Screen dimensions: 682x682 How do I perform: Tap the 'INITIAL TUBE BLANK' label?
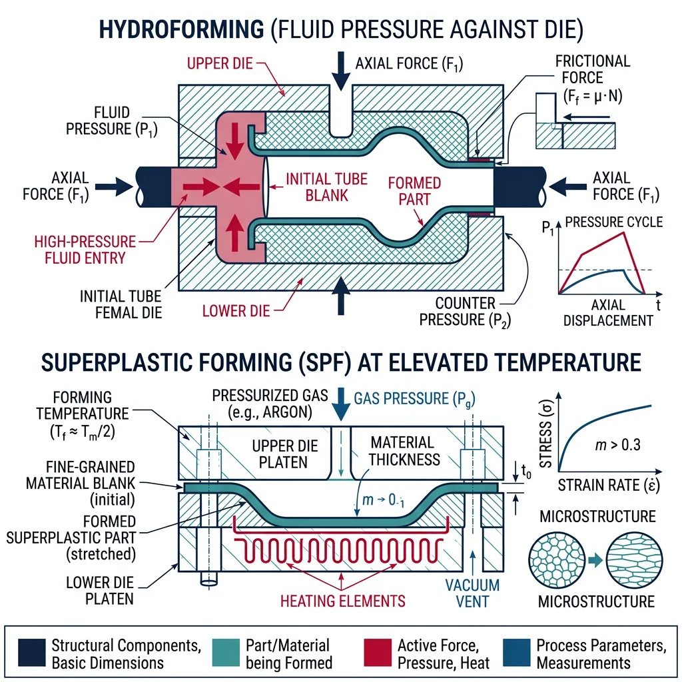(317, 188)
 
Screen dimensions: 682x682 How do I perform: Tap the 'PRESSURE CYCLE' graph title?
(613, 222)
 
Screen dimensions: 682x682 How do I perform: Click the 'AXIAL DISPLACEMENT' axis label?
(608, 312)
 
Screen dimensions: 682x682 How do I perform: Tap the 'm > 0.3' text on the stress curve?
(608, 444)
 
